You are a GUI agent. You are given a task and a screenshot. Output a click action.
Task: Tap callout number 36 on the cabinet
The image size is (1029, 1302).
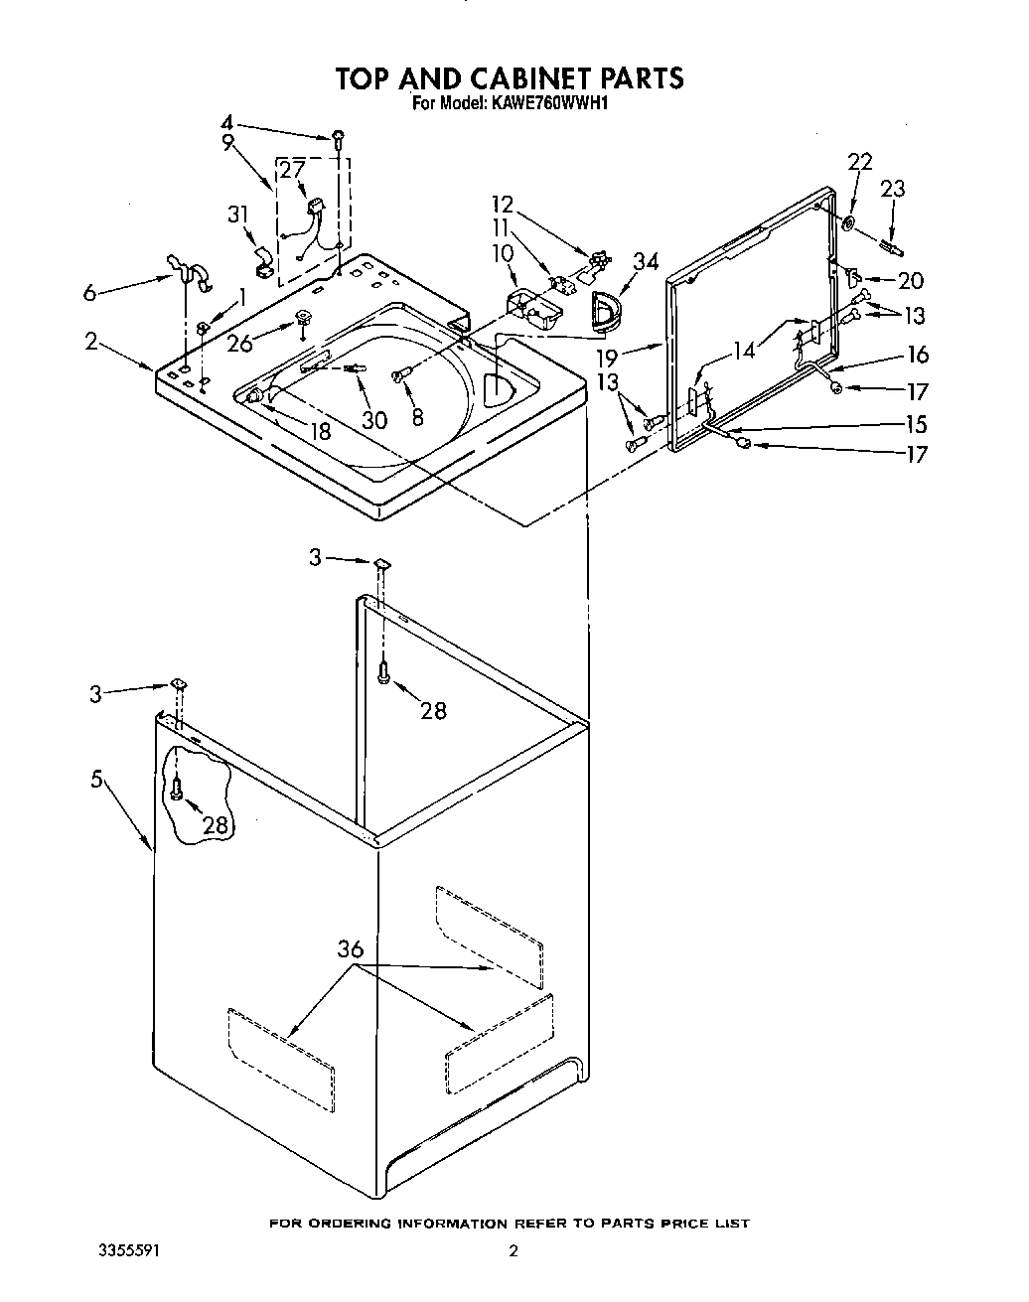click(x=350, y=949)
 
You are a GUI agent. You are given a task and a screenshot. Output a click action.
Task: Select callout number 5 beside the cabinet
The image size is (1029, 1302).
click(x=97, y=780)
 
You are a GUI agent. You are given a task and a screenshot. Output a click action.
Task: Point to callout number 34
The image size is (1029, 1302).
click(x=646, y=262)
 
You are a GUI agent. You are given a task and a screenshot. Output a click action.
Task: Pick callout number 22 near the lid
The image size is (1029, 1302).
click(x=860, y=162)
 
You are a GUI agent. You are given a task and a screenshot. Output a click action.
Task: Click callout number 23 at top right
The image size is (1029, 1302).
click(x=893, y=189)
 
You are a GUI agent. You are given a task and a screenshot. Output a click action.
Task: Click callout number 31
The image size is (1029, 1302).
click(x=236, y=214)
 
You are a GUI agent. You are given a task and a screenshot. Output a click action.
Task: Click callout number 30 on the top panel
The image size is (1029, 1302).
click(x=373, y=420)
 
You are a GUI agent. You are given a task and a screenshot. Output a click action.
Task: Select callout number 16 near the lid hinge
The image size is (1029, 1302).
click(x=916, y=354)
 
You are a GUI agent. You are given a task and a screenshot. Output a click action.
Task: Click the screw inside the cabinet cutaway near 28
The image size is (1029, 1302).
click(x=176, y=790)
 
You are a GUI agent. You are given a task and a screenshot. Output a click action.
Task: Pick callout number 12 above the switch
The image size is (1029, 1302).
click(x=503, y=205)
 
